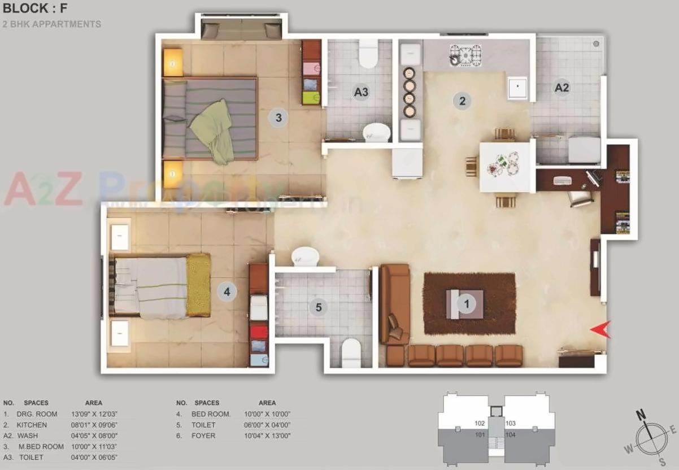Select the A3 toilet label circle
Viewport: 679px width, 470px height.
click(x=362, y=92)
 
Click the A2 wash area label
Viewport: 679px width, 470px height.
click(x=562, y=88)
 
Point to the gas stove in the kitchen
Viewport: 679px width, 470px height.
click(x=465, y=55)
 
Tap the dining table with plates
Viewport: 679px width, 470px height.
click(x=506, y=166)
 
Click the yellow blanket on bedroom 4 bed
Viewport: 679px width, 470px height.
click(x=198, y=285)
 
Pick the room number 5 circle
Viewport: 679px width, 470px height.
click(x=319, y=307)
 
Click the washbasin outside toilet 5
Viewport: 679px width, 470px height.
click(x=305, y=257)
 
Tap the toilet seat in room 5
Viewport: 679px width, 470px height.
click(x=351, y=352)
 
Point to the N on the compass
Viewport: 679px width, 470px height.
click(x=641, y=415)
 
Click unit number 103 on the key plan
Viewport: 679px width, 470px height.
click(x=511, y=423)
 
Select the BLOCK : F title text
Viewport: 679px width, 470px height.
click(x=36, y=8)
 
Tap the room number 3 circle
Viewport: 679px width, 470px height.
click(x=278, y=117)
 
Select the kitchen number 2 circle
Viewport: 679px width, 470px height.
click(x=462, y=101)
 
